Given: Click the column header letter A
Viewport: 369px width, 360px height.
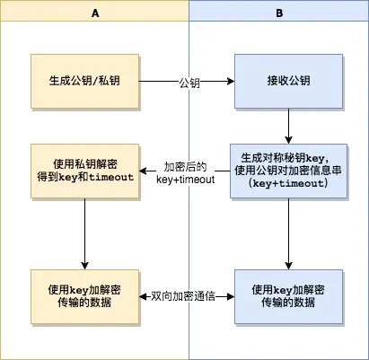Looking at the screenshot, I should (x=95, y=13).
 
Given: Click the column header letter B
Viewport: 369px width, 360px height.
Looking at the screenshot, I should (x=278, y=13).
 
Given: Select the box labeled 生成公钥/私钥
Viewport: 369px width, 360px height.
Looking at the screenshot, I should (x=84, y=81).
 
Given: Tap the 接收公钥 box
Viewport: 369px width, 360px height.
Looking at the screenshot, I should (x=288, y=81).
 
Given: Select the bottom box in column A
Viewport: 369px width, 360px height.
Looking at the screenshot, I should (x=84, y=296).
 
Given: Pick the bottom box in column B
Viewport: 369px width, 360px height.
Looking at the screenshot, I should (x=288, y=296).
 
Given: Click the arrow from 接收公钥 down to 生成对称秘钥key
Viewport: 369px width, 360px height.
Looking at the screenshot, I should (x=288, y=124).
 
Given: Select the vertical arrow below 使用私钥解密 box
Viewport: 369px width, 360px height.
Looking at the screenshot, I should (x=84, y=232).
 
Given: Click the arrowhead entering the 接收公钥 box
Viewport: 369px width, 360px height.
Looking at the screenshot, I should (x=231, y=82).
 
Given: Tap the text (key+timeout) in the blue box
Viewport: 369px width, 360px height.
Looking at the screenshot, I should (x=289, y=183).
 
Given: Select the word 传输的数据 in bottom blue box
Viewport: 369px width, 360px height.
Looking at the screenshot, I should (x=288, y=303).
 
